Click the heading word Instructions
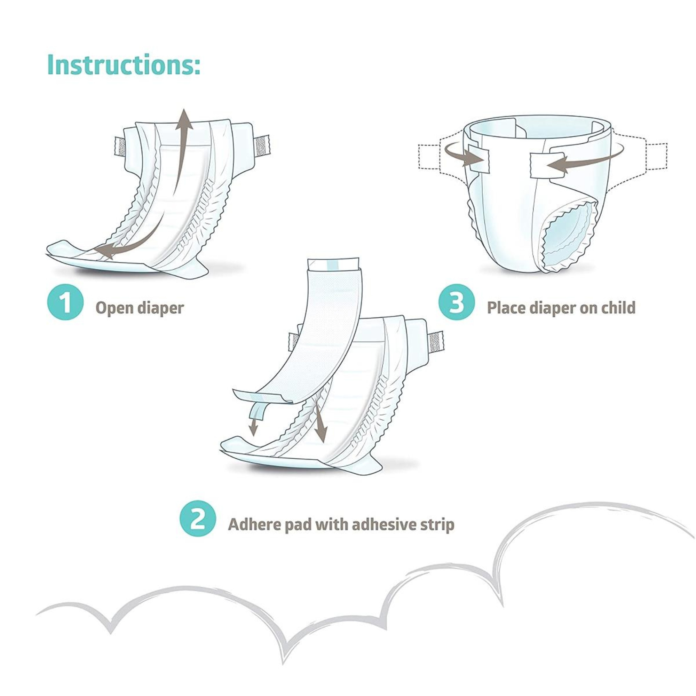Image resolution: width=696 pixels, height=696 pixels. pos(124,65)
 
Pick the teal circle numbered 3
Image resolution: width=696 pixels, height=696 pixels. pos(456,303)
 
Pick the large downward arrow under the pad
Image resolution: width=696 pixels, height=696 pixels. pos(320,425)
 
